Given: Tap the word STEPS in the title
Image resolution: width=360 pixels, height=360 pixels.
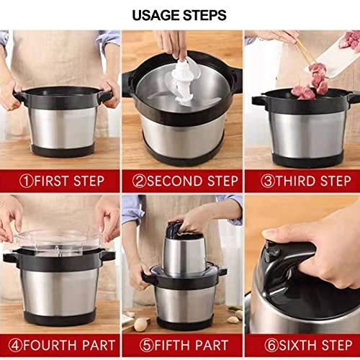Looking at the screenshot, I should coord(206,14).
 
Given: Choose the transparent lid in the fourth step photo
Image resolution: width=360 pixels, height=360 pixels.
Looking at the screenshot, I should coord(58,241).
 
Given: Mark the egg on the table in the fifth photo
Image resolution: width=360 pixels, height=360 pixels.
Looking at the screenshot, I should coord(140,324).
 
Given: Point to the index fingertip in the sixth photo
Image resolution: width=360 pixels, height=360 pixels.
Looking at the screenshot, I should coord(268,233).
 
